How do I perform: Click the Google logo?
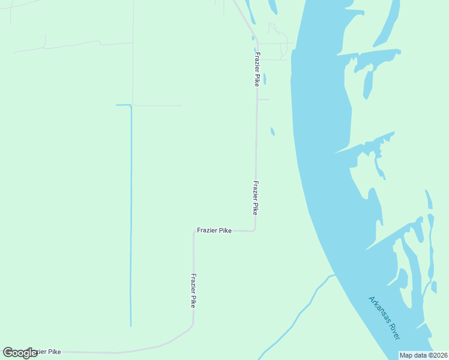pos(20,353)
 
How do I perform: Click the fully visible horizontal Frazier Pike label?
pos(214,230)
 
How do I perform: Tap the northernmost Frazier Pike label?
pos(257,70)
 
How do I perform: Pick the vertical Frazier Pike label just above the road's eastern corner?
pos(256,198)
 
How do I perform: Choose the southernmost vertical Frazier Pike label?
pos(193,291)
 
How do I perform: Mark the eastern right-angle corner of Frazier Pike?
pos(256,230)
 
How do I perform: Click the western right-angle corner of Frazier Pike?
pos(193,232)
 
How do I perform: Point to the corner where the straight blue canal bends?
pos(131,106)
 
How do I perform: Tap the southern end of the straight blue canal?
pos(131,326)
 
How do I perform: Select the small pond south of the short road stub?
pos(273,131)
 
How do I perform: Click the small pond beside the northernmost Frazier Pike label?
pos(264,79)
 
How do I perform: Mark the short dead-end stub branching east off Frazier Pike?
pos(264,100)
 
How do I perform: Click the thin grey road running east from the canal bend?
pos(157,106)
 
